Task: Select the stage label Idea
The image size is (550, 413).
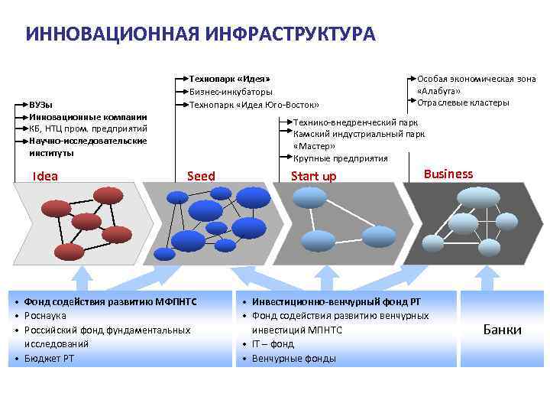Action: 45,177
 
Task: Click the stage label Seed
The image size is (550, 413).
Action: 201,177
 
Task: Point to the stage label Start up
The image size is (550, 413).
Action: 313,177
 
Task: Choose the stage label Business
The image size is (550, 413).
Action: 448,174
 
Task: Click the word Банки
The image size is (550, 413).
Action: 503,330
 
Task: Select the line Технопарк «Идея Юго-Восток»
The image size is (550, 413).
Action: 254,105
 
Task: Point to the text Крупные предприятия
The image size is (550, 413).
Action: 341,158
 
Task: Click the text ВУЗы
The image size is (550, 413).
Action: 41,104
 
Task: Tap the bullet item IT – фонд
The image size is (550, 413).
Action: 273,344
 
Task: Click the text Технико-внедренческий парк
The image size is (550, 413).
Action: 356,122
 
